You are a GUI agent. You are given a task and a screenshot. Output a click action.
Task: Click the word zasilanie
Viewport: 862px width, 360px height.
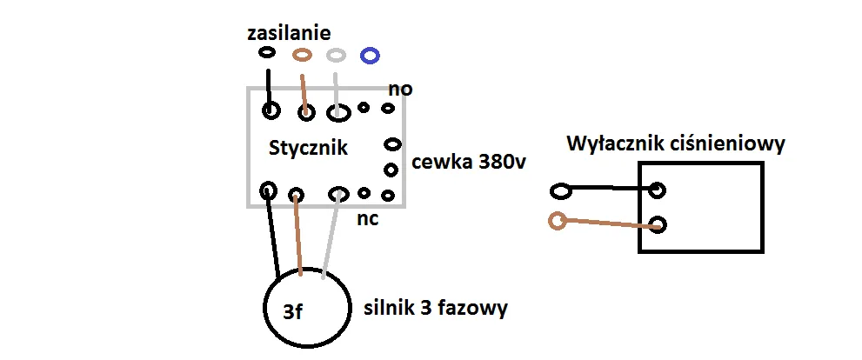point(289,34)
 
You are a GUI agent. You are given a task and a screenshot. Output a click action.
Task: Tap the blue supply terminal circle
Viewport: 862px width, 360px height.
point(370,56)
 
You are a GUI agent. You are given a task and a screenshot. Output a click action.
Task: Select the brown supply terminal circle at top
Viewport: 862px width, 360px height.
point(302,55)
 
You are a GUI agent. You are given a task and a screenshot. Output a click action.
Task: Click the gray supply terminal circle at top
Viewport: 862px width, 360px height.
point(337,55)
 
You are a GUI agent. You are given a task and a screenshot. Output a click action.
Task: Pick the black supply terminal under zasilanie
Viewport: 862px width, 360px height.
point(267,53)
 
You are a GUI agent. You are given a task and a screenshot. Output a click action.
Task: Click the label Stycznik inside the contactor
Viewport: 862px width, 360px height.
point(308,149)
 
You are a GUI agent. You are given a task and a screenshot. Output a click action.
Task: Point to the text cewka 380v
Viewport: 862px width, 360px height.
point(471,163)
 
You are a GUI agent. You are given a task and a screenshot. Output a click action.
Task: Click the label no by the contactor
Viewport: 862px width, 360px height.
point(400,90)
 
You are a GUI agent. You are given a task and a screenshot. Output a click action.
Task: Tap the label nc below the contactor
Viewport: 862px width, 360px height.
point(367,218)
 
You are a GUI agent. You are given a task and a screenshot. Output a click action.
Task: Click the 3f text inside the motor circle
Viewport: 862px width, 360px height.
point(292,311)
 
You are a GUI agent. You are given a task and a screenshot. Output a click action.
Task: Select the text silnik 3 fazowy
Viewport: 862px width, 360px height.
point(436,308)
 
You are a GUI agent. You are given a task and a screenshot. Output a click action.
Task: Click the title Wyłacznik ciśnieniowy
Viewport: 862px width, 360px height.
point(676,143)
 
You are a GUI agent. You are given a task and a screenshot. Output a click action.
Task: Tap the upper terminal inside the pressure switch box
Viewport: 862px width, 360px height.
point(658,190)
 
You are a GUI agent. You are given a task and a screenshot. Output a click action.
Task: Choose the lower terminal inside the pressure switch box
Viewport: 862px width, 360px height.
point(658,224)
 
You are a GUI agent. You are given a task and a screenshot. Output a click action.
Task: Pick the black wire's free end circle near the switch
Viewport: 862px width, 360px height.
point(561,190)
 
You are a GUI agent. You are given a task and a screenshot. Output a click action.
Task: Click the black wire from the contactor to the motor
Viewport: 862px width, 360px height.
point(273,235)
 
